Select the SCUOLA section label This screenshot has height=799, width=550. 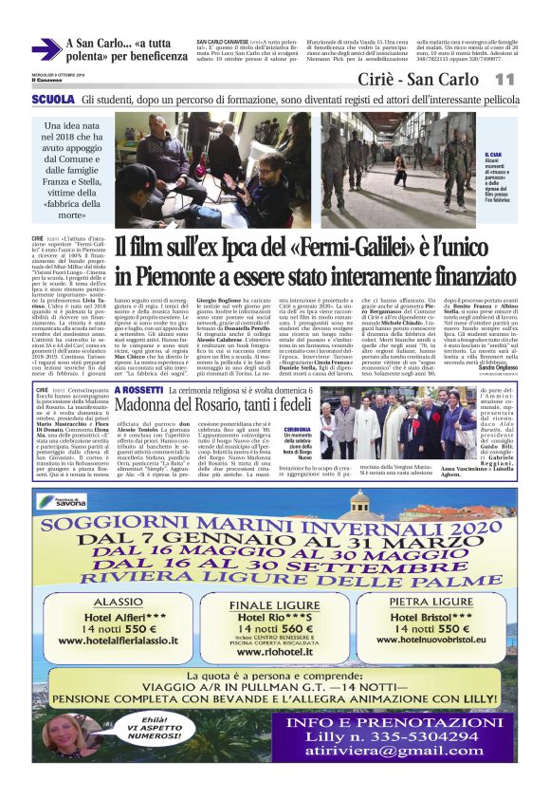coord(52,99)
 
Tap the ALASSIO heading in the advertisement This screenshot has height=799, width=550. coord(111,602)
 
